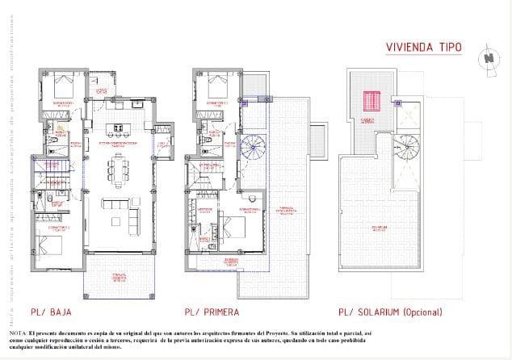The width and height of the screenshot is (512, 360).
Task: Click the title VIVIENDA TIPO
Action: click(422, 48)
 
